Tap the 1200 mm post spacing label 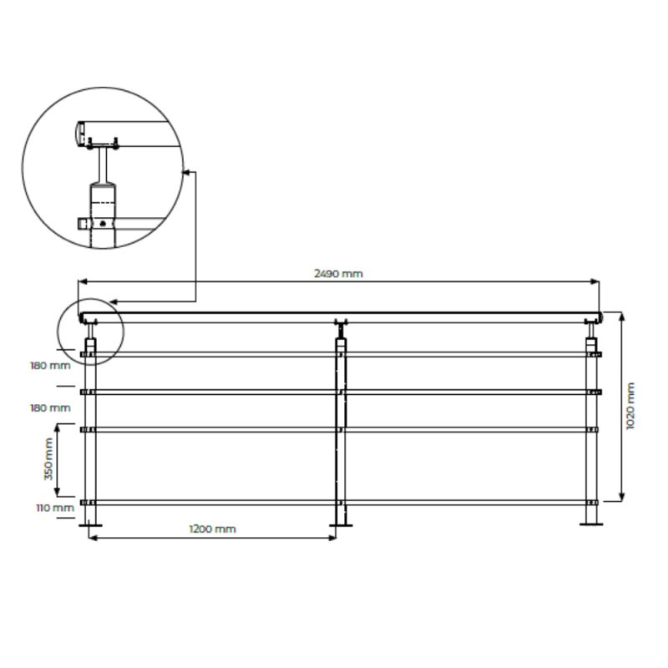[x=212, y=529]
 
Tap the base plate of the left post [x=90, y=524]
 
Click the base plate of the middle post [x=340, y=524]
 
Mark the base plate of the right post [x=592, y=524]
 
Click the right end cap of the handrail [x=599, y=317]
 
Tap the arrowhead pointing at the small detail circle [x=113, y=301]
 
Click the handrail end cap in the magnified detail [x=78, y=133]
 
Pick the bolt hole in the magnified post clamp [x=102, y=224]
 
